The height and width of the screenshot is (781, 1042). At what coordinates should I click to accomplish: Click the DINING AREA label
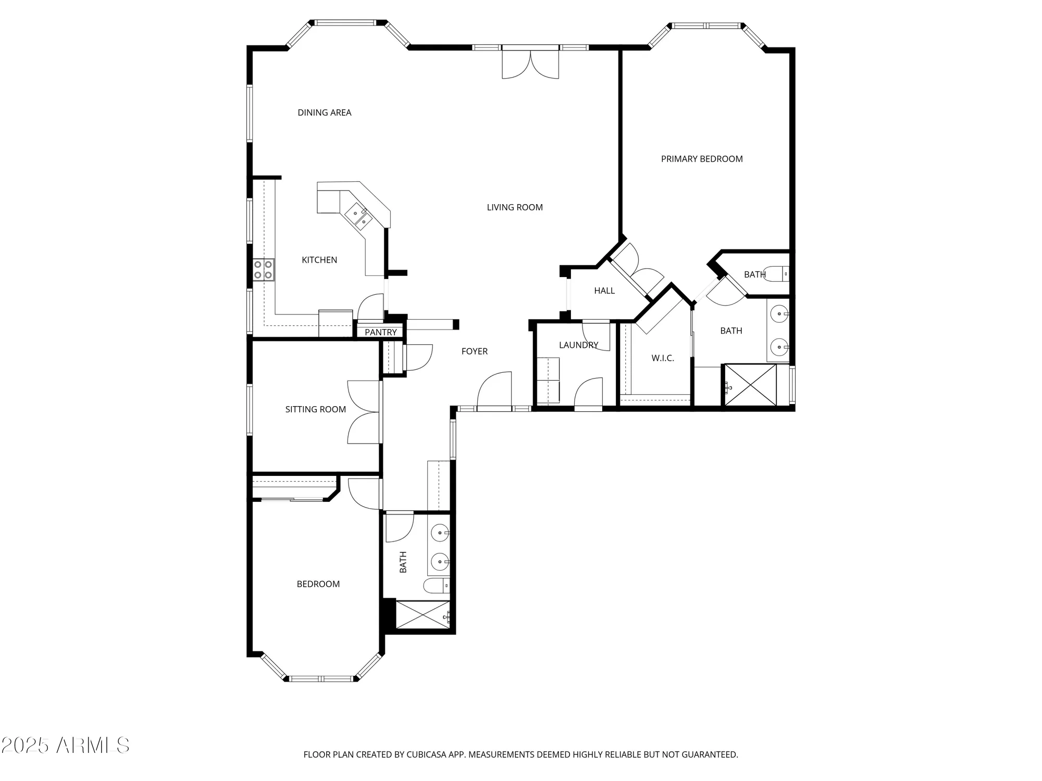[x=324, y=112]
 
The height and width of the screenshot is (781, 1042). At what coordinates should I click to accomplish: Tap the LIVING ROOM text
[x=514, y=207]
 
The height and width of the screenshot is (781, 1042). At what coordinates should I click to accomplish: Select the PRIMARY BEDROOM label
[x=701, y=159]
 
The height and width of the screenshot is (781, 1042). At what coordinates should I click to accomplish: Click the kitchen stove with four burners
[x=264, y=270]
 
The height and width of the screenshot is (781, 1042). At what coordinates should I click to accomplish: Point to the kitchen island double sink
[x=359, y=218]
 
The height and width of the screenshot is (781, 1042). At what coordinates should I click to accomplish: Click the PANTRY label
[x=380, y=332]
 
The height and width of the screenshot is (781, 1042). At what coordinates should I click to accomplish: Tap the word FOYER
[x=474, y=351]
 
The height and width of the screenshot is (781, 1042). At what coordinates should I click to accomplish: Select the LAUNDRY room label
[x=578, y=345]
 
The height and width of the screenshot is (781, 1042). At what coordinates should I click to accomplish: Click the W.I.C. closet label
[x=662, y=358]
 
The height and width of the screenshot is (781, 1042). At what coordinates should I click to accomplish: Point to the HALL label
[x=604, y=291]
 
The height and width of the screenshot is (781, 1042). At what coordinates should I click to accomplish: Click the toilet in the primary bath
[x=779, y=273]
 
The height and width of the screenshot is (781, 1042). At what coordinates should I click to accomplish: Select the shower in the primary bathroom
[x=750, y=385]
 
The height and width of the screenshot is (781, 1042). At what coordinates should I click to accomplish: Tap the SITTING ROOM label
[x=315, y=409]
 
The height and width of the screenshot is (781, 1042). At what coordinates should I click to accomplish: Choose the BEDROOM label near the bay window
[x=318, y=584]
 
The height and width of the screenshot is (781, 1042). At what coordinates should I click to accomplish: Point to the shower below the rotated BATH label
[x=422, y=615]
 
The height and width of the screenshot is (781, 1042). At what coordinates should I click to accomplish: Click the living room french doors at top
[x=530, y=64]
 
